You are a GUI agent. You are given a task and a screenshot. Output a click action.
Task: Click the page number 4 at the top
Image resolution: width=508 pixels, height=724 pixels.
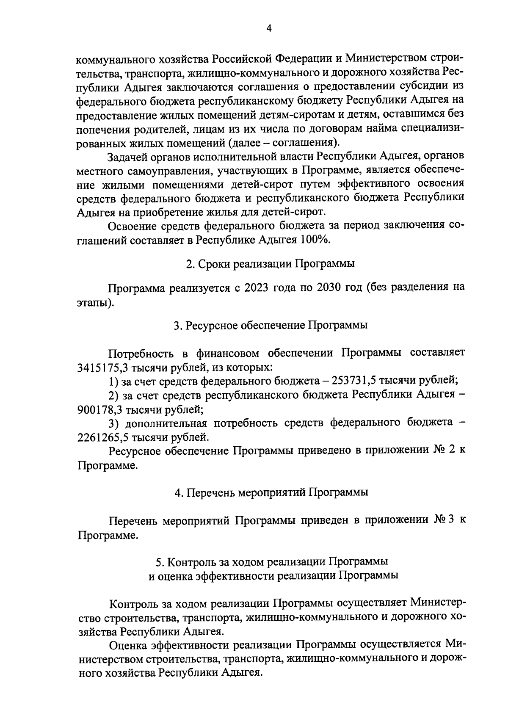(270, 28)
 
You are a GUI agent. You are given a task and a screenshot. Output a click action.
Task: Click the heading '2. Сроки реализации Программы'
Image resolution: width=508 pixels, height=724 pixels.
(270, 263)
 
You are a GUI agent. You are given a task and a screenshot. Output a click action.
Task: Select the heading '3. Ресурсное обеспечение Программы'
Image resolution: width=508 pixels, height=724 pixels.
(270, 325)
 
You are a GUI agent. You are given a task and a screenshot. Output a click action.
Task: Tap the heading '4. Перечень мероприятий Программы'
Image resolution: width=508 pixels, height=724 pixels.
(271, 492)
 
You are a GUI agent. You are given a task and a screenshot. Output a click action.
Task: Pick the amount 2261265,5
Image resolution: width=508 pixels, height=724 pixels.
(100, 437)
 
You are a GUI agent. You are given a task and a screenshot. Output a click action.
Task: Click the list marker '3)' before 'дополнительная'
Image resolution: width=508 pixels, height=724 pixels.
(114, 423)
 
